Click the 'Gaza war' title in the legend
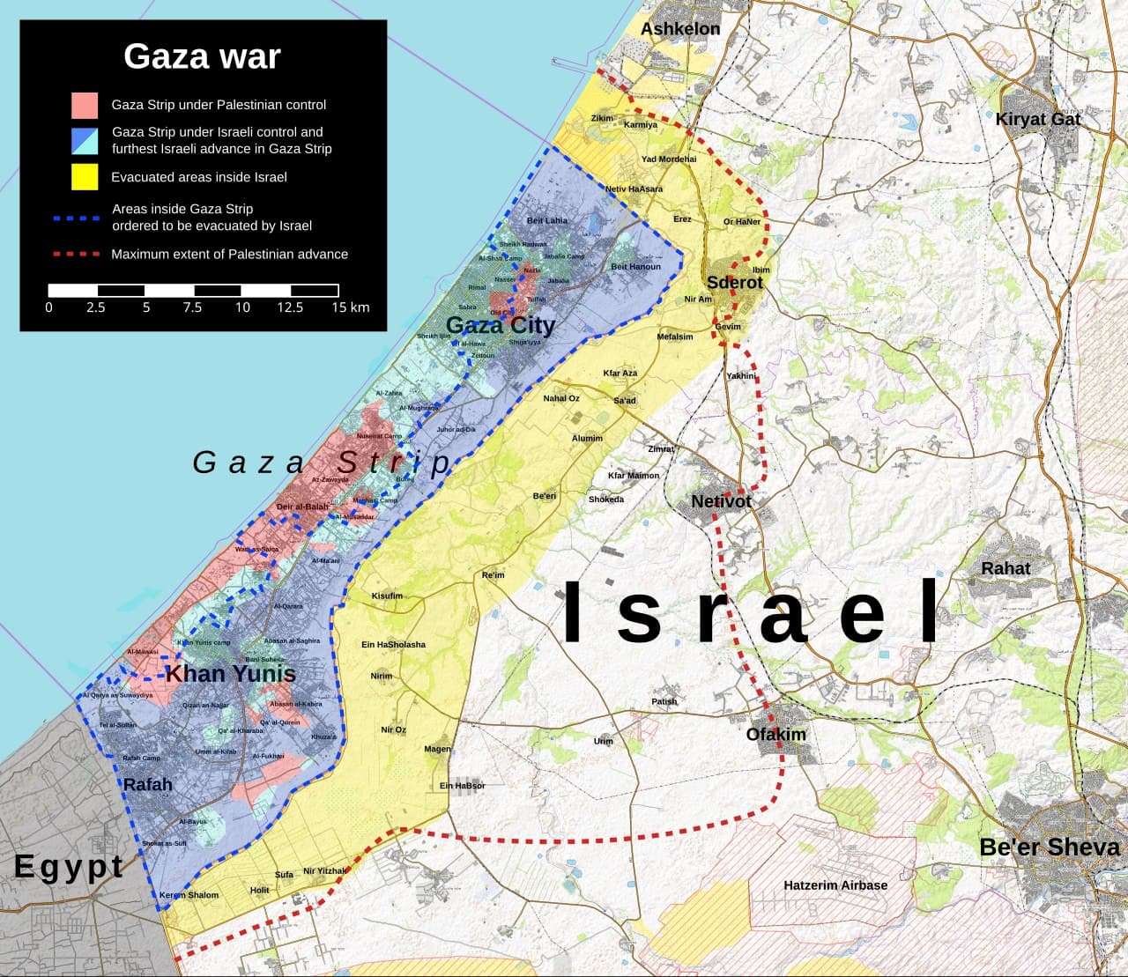(202, 56)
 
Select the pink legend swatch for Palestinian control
(85, 105)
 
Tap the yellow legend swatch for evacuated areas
(85, 177)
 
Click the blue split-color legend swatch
(85, 140)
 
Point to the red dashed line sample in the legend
(76, 254)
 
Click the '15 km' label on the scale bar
(350, 307)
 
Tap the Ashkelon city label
(679, 29)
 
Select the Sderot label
(734, 283)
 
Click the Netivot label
(721, 501)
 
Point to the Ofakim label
(775, 734)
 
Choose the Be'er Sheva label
(1049, 847)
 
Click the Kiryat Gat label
(1037, 119)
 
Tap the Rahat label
(1006, 568)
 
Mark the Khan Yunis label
(230, 675)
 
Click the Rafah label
(147, 785)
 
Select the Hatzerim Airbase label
(835, 884)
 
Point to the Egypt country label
(69, 867)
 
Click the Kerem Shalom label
(189, 895)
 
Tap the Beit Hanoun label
(635, 266)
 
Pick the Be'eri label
(545, 496)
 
